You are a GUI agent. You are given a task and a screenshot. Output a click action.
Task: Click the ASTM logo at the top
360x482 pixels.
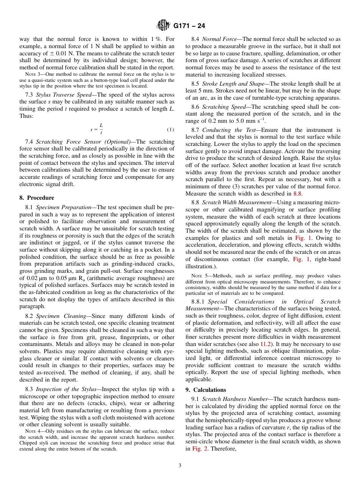[x=163, y=26]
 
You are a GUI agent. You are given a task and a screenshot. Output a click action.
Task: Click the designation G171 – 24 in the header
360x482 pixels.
[x=189, y=26]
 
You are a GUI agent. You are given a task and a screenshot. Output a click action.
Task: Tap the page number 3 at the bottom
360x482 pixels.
[x=180, y=465]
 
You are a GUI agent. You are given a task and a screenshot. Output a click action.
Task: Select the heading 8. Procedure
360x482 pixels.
[x=37, y=198]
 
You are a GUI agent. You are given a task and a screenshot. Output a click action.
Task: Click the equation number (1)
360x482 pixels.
[x=171, y=129]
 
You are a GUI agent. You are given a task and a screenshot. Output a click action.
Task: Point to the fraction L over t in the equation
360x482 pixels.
[x=101, y=129]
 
